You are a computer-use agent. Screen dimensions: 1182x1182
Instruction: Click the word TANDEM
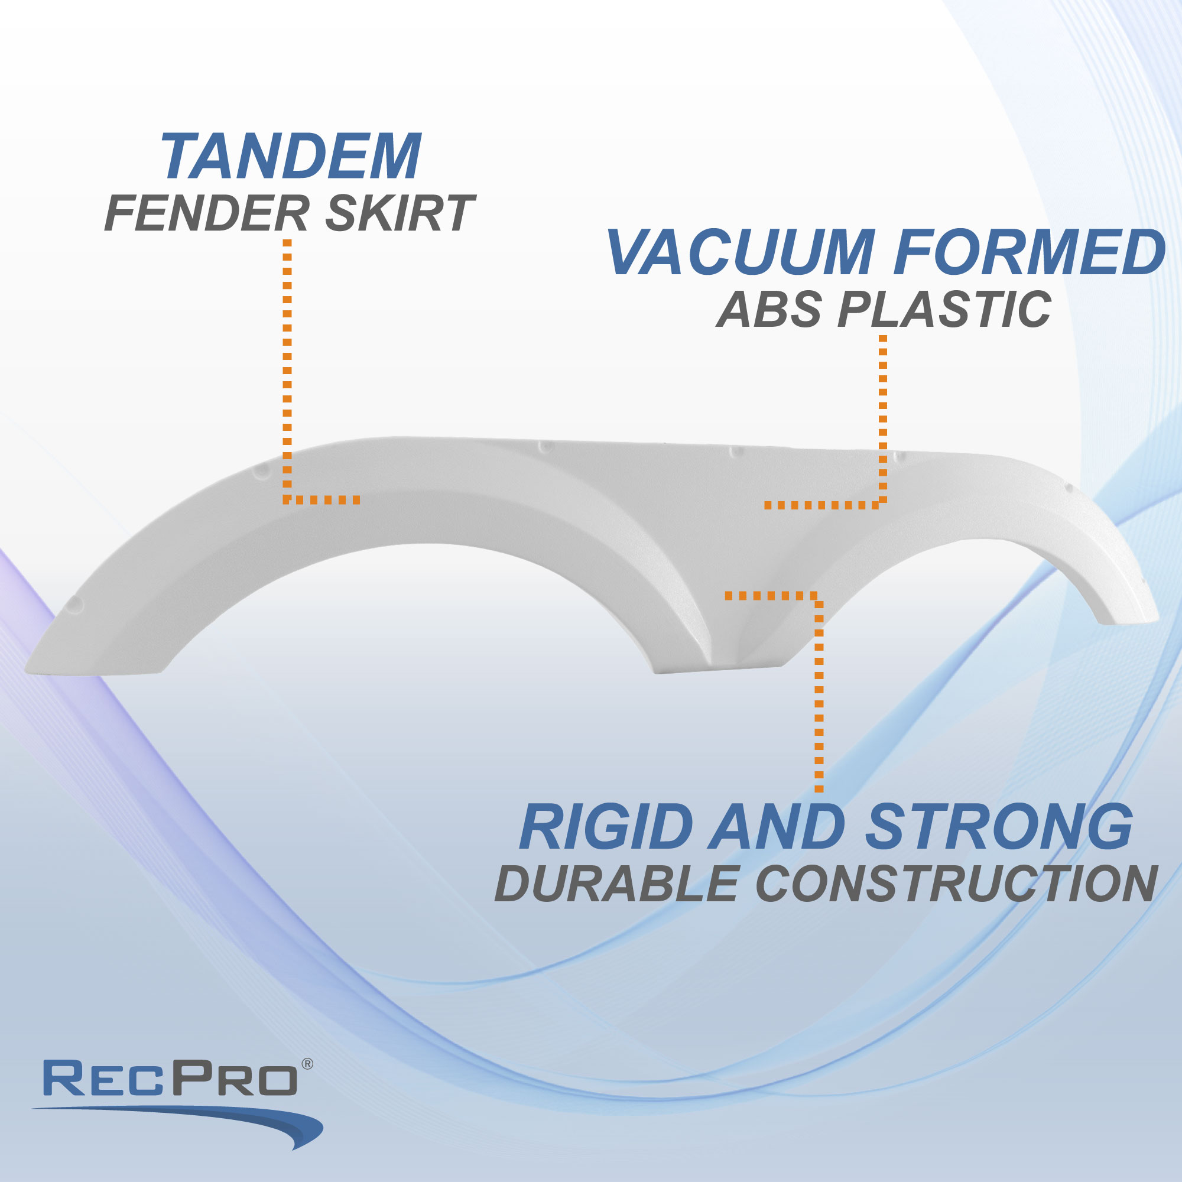[291, 157]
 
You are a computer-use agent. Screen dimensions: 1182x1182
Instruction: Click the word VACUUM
[741, 252]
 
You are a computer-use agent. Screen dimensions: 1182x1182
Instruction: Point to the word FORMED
[1029, 252]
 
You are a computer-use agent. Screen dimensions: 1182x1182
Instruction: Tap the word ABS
[769, 309]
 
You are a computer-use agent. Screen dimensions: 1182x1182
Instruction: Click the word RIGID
[606, 827]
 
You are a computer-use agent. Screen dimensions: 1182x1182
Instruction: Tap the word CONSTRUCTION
[956, 884]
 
